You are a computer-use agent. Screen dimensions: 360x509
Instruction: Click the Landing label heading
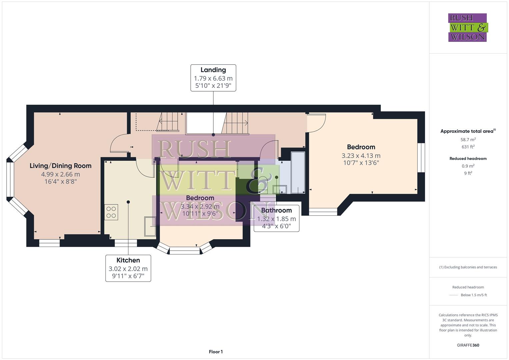click(x=213, y=70)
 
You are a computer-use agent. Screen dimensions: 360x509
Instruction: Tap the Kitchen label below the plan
click(x=128, y=260)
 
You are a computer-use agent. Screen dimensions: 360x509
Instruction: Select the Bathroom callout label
click(x=276, y=210)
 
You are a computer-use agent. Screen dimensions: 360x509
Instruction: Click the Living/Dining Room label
click(x=60, y=166)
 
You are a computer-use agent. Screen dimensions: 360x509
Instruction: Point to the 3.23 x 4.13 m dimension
click(x=361, y=156)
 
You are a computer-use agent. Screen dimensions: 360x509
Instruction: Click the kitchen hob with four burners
click(x=111, y=212)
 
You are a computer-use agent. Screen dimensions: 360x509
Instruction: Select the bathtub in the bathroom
click(x=298, y=173)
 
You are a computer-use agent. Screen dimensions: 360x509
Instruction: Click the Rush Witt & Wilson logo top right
click(x=467, y=28)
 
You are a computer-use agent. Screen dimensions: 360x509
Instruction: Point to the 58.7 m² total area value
click(x=468, y=140)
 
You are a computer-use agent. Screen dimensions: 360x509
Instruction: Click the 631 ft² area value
click(x=468, y=147)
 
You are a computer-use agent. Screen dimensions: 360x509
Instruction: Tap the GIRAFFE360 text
click(x=468, y=345)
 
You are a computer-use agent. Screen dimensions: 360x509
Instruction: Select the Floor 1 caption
click(x=216, y=352)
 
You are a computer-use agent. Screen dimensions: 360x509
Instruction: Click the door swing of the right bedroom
click(x=317, y=123)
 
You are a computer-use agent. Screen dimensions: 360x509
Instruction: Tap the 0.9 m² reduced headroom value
click(x=468, y=166)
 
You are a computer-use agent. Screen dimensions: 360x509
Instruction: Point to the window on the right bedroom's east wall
click(x=421, y=158)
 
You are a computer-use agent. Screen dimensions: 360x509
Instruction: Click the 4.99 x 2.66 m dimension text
click(x=60, y=174)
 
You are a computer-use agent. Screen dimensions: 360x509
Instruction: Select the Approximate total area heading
click(x=468, y=131)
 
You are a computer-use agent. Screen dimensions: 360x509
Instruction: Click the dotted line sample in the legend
click(x=454, y=295)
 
